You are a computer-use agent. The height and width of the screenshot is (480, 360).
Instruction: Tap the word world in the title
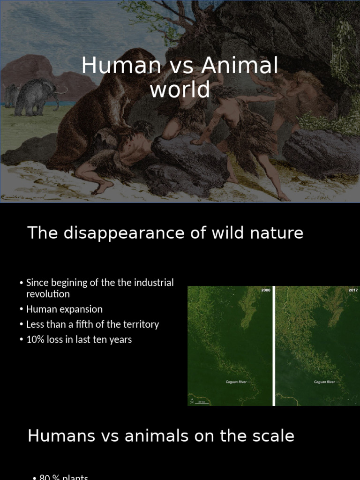coord(180,89)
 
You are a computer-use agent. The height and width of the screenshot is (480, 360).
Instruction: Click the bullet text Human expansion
coord(64,309)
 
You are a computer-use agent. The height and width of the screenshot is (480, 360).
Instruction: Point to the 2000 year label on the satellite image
coord(266,291)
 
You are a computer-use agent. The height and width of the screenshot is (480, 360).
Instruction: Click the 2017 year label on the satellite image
coord(353,291)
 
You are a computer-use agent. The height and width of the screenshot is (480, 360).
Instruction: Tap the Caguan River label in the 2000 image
coord(237,382)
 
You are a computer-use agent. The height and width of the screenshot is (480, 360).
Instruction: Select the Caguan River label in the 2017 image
coord(324,382)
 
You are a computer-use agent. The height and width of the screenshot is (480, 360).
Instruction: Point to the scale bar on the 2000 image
coord(202,402)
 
